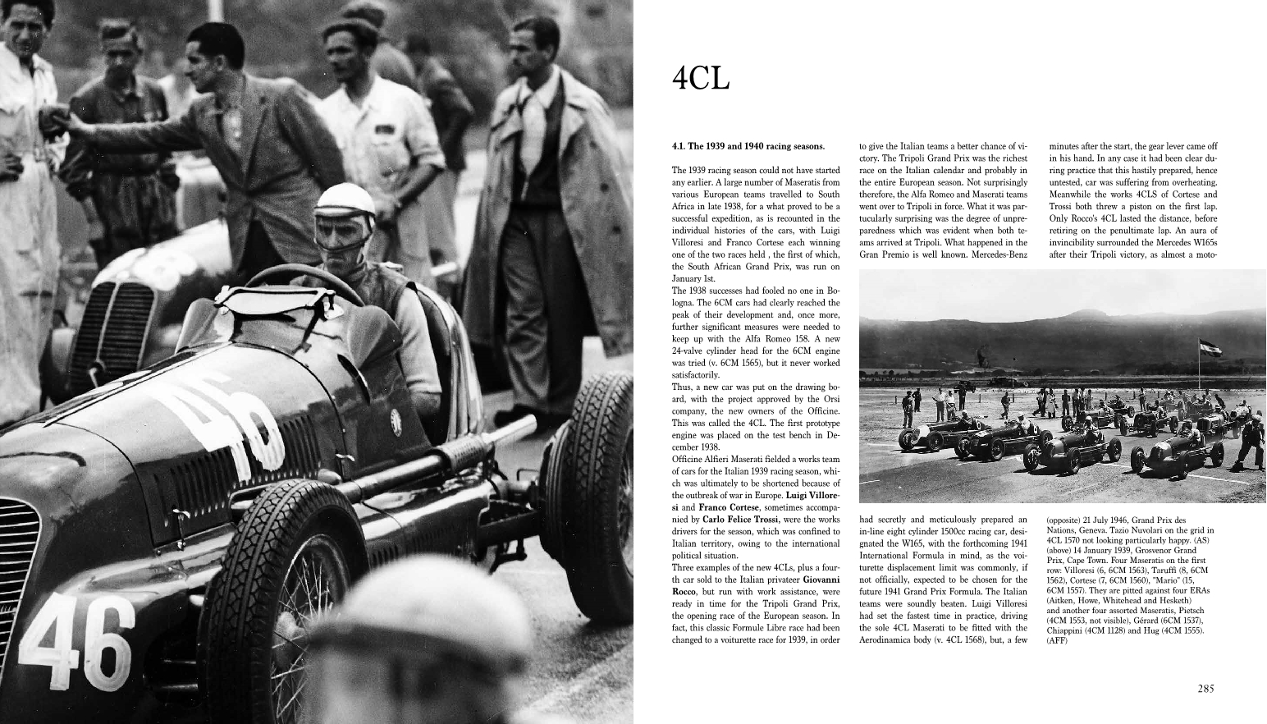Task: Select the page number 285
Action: pyautogui.click(x=1205, y=689)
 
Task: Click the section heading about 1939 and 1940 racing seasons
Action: pyautogui.click(x=748, y=146)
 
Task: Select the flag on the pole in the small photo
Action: pyautogui.click(x=1210, y=348)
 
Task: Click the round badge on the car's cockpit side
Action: pyautogui.click(x=396, y=416)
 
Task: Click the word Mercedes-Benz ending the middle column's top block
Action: pyautogui.click(x=1001, y=254)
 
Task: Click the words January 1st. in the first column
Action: pyautogui.click(x=693, y=278)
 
